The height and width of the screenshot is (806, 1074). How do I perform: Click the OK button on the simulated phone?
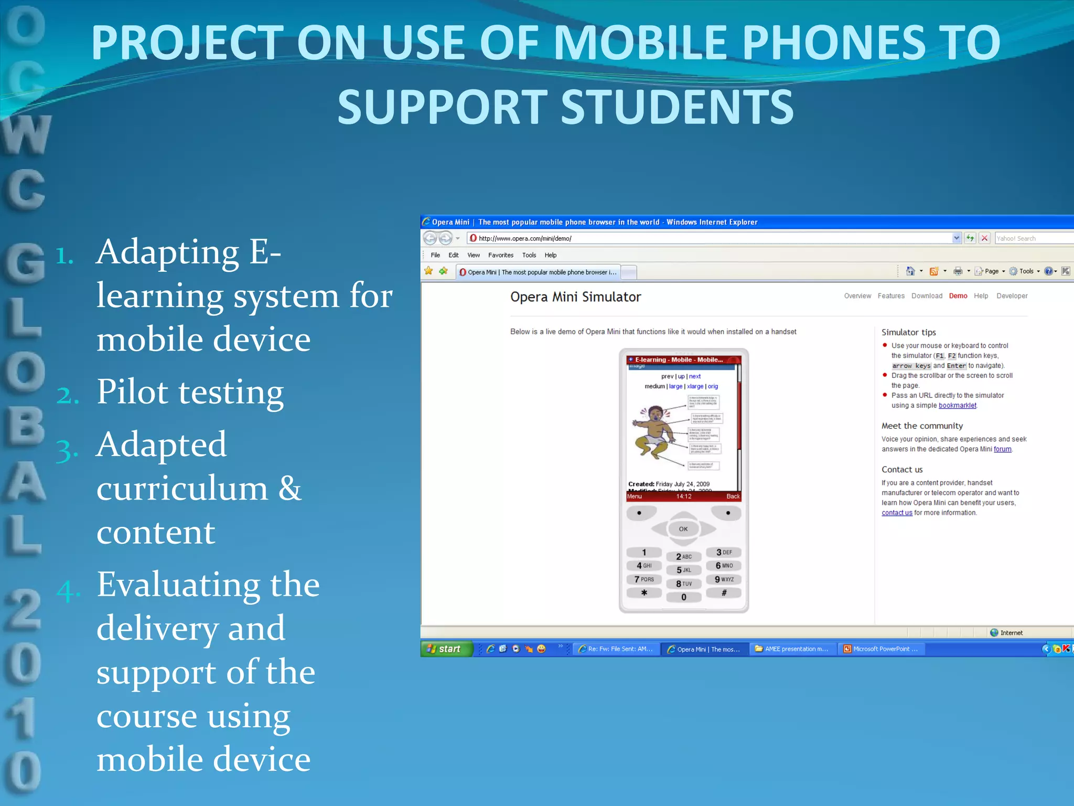point(683,529)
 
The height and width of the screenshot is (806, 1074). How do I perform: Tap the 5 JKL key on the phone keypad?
point(683,570)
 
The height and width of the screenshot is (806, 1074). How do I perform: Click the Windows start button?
point(446,649)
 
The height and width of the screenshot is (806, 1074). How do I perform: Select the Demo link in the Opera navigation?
point(958,296)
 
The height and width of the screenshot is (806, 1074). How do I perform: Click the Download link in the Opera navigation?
point(927,296)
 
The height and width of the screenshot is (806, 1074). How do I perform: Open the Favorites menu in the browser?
point(500,255)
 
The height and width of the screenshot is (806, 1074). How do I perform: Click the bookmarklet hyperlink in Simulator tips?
point(957,406)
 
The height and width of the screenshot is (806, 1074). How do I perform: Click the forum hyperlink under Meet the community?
point(1002,449)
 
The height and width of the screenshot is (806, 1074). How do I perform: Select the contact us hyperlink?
point(897,513)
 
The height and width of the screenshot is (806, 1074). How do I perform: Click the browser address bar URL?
point(525,238)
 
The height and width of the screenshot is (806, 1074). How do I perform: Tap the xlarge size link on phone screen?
point(695,386)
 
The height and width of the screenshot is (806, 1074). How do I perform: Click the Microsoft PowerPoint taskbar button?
point(880,649)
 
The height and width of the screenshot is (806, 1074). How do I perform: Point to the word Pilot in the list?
point(139,392)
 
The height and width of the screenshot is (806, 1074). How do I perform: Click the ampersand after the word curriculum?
point(289,488)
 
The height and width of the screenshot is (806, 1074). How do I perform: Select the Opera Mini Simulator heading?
point(575,297)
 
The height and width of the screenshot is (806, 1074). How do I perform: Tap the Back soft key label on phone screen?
point(733,496)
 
